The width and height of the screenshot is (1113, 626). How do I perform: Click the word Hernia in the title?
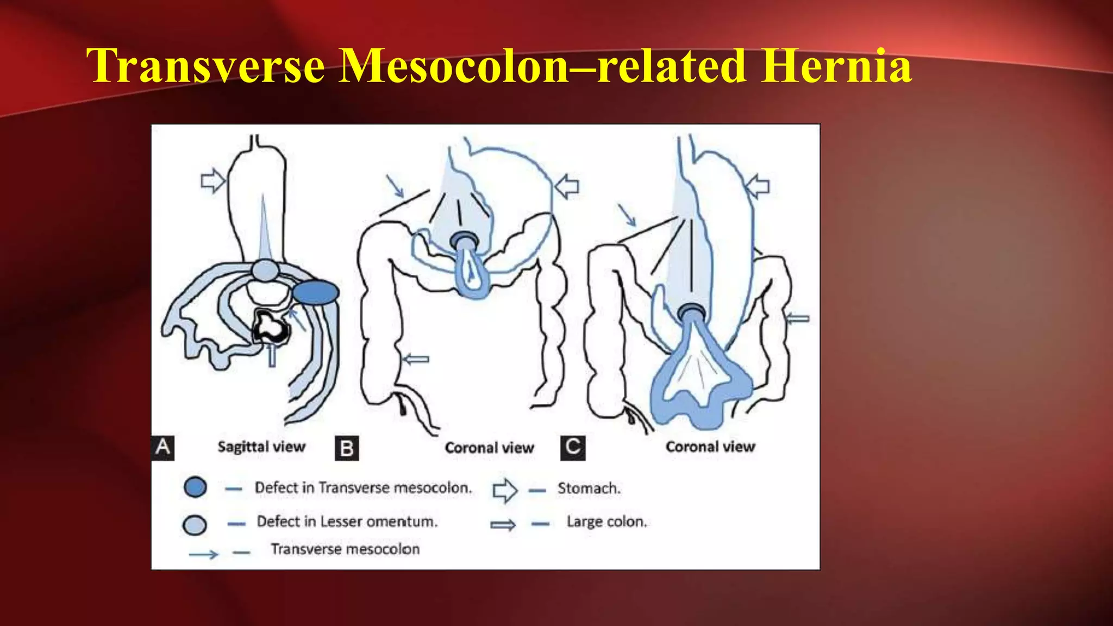pos(836,66)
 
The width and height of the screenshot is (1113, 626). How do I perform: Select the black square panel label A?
pos(162,447)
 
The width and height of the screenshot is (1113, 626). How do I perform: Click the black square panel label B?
pos(347,448)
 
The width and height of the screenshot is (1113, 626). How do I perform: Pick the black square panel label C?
pos(573,447)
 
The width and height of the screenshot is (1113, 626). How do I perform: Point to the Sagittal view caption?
pos(261,447)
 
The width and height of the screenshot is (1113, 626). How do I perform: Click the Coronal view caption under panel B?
pos(489,448)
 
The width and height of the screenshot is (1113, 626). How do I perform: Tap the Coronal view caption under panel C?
pos(710,447)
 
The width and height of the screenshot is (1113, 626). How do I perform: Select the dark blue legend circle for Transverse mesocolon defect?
pos(195,487)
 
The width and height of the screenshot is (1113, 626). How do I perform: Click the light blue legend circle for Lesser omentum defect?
pos(195,524)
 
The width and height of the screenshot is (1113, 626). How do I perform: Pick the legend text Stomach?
pos(589,488)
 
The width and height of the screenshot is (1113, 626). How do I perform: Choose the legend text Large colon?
pos(606,522)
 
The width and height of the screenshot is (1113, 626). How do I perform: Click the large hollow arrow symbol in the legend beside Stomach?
pos(505,490)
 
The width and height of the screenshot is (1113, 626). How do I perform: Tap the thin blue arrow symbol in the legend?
pos(203,554)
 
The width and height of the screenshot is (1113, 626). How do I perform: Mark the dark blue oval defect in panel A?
pos(316,292)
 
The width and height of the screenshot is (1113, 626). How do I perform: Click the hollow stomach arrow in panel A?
pos(212,180)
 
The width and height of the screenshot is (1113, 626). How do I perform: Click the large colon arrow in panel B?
pos(416,359)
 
